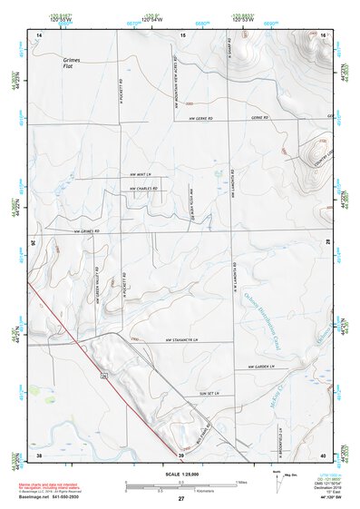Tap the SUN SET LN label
click(x=209, y=393)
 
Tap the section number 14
click(x=39, y=34)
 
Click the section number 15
click(x=182, y=34)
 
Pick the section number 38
click(x=39, y=453)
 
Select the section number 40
click(x=324, y=453)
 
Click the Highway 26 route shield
click(x=104, y=373)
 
